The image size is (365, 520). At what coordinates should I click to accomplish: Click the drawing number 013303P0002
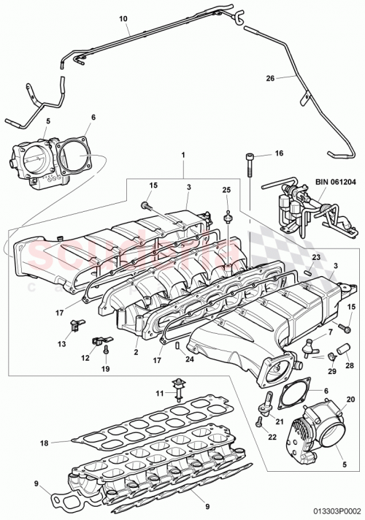click(x=331, y=513)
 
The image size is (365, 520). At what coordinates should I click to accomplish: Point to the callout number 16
click(x=279, y=154)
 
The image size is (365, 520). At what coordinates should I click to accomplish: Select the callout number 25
click(x=226, y=189)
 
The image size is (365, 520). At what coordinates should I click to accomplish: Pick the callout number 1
click(x=183, y=155)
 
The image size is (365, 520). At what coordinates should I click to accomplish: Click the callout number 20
click(x=350, y=399)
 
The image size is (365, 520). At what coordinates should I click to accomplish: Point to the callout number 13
click(x=61, y=343)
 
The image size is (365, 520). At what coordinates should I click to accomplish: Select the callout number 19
click(x=107, y=370)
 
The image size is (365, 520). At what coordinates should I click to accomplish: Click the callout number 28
click(x=347, y=365)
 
